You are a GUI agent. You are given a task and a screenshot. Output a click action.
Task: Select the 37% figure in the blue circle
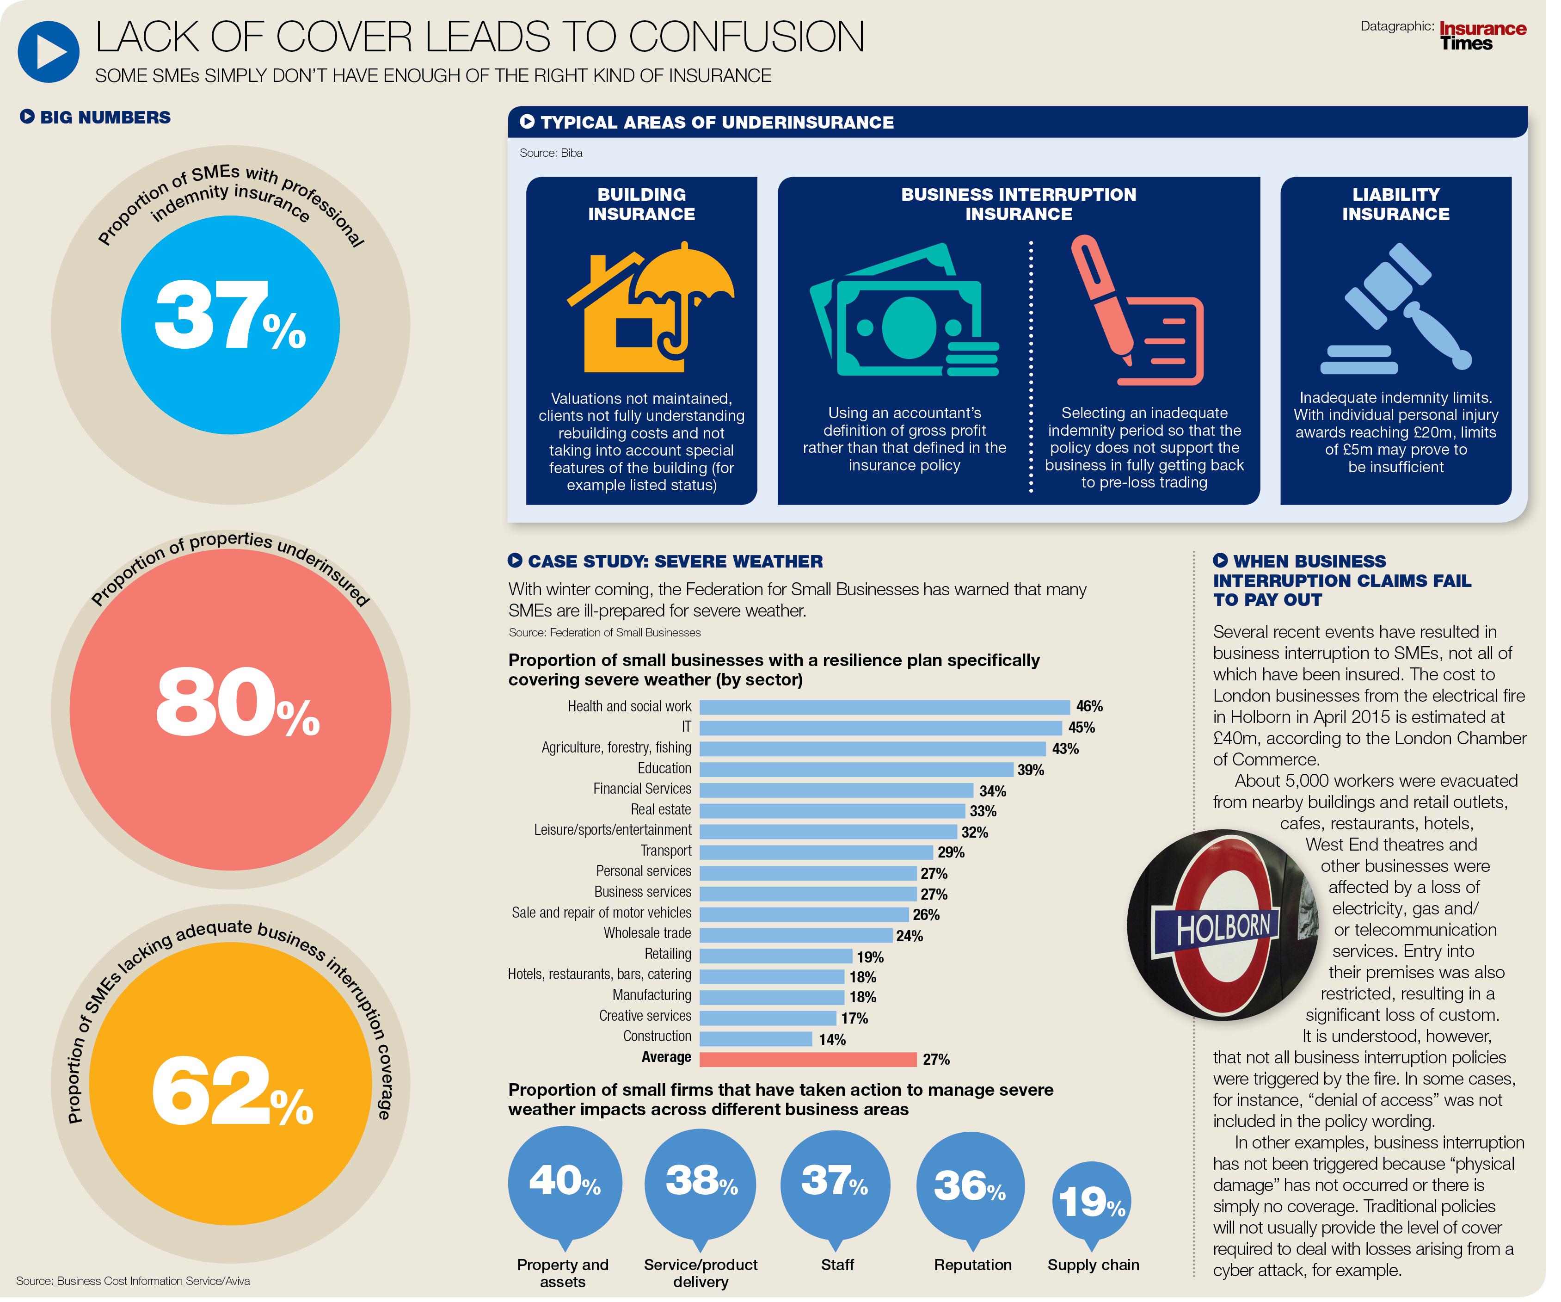[230, 316]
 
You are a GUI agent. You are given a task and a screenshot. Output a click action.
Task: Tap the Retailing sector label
[668, 955]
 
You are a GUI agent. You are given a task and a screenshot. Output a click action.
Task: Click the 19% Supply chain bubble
[1091, 1201]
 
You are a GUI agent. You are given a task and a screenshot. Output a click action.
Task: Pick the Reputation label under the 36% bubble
[972, 1265]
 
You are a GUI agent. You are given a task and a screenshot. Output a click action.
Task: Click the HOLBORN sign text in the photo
[1223, 928]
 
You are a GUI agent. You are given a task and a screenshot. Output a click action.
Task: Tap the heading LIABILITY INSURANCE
[1395, 204]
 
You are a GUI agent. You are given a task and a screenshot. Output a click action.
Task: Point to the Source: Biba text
[551, 153]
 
